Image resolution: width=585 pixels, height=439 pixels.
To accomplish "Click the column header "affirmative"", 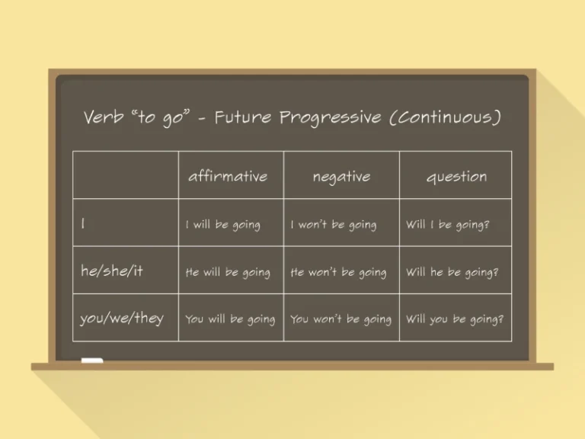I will pyautogui.click(x=228, y=176).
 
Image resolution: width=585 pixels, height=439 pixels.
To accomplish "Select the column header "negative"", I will pyautogui.click(x=341, y=176).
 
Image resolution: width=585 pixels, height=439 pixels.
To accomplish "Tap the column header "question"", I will pyautogui.click(x=456, y=176).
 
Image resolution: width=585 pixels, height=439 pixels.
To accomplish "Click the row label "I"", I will pyautogui.click(x=83, y=223).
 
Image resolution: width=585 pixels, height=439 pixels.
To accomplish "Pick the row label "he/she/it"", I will pyautogui.click(x=111, y=271).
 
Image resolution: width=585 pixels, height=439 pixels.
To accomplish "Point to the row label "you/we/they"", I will pyautogui.click(x=122, y=318).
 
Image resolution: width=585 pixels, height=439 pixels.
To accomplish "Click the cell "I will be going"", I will pyautogui.click(x=223, y=225).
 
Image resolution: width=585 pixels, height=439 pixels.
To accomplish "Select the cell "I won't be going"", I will pyautogui.click(x=334, y=225).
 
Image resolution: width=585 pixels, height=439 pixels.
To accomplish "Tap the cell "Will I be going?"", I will pyautogui.click(x=447, y=225).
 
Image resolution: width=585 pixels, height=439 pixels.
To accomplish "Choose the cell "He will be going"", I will pyautogui.click(x=228, y=272).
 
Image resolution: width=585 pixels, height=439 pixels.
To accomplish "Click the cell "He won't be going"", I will pyautogui.click(x=338, y=272).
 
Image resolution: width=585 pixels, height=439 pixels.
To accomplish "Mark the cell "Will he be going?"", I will pyautogui.click(x=452, y=272).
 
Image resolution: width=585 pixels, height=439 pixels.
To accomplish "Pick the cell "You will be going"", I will pyautogui.click(x=230, y=319).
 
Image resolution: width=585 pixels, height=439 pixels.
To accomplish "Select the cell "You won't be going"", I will pyautogui.click(x=340, y=319).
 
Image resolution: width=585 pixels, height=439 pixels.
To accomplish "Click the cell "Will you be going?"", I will pyautogui.click(x=454, y=319).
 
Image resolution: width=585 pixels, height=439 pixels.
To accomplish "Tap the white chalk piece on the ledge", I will pyautogui.click(x=92, y=360).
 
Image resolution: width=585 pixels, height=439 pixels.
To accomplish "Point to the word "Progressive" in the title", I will pyautogui.click(x=330, y=118).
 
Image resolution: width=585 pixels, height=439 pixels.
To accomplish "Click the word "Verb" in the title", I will pyautogui.click(x=104, y=118).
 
